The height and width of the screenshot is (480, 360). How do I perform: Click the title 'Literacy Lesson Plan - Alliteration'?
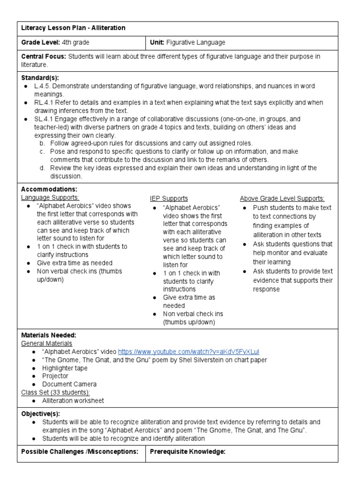(73, 28)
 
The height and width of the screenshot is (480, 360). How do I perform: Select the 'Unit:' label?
(157, 43)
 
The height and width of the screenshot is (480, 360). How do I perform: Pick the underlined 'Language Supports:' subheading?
(50, 198)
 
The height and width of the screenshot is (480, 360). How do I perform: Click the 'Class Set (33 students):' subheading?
(56, 392)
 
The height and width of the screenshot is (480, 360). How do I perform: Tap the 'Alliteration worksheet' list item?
(73, 401)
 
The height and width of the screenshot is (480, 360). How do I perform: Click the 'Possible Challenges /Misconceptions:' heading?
(80, 452)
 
